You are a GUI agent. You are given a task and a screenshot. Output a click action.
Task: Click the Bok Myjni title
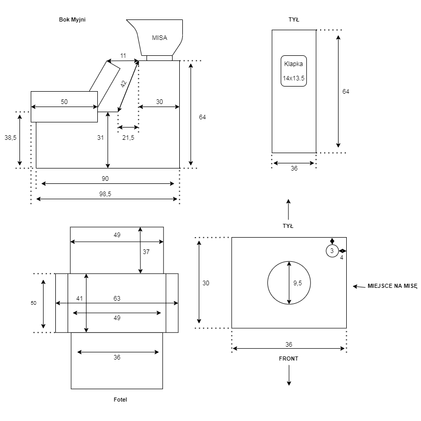pos(72,19)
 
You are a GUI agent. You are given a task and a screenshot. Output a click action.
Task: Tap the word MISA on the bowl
pos(159,37)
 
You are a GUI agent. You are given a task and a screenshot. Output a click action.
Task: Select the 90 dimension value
pos(105,178)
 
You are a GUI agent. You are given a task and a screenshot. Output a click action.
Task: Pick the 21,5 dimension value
pos(128,137)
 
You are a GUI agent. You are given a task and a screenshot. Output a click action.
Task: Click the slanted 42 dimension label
pos(123,84)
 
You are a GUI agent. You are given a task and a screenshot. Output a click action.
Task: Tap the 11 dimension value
pos(123,55)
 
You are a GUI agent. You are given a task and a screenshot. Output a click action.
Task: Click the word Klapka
pos(293,64)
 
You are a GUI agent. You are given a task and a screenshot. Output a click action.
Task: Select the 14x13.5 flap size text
pos(293,78)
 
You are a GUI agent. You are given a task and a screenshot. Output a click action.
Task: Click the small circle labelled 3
pos(332,251)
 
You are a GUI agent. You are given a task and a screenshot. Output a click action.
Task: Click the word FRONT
pos(288,359)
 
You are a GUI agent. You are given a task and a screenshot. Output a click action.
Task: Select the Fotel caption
pos(120,399)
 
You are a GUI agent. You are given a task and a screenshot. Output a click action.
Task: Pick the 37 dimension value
pos(146,251)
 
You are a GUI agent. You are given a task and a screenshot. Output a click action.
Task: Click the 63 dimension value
pos(117,298)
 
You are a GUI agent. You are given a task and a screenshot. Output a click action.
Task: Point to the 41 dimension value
pos(79,298)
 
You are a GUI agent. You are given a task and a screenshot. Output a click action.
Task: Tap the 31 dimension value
pos(100,137)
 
